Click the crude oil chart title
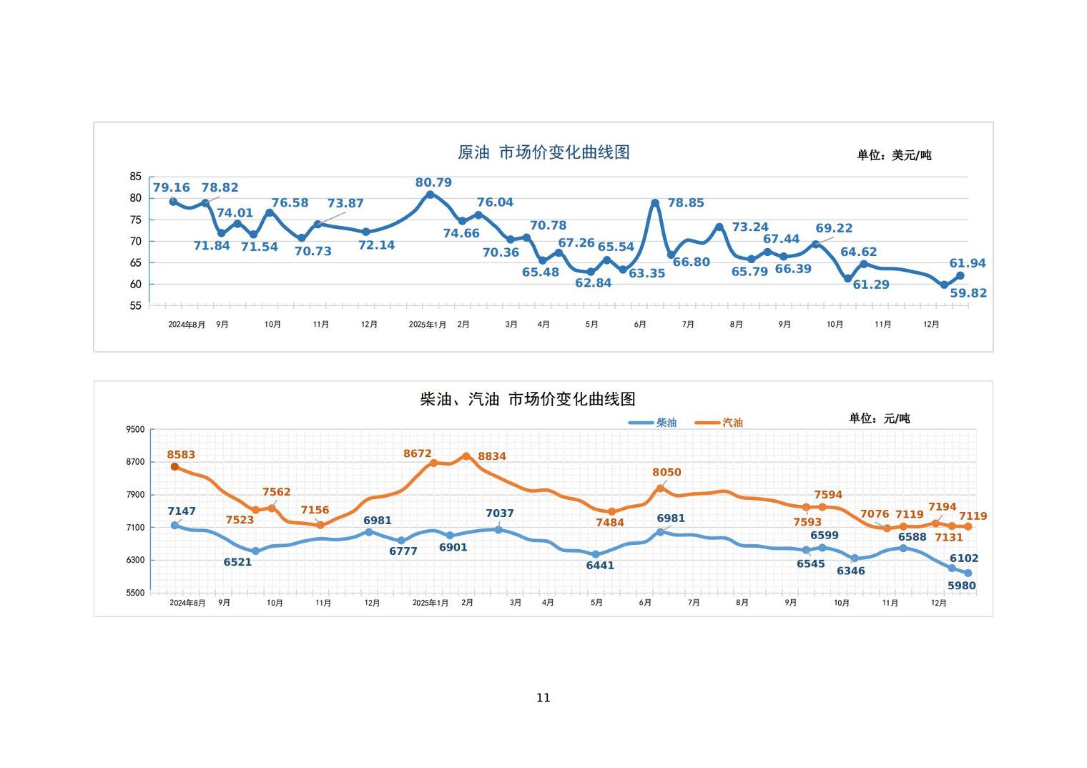coord(543,152)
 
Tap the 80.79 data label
coord(433,183)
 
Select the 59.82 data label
coord(968,293)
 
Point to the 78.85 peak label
coord(686,203)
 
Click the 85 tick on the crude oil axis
coord(135,177)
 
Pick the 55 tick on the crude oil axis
coord(135,306)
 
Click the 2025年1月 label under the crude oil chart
coord(427,325)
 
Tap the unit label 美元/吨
coord(894,155)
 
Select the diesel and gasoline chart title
coord(528,399)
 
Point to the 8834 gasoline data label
coord(492,456)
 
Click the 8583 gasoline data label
coord(181,455)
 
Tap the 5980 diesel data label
coord(962,586)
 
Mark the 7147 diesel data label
coord(182,511)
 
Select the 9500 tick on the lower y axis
coord(135,430)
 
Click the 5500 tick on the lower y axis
coord(135,593)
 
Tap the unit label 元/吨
coord(879,418)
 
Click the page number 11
coord(543,698)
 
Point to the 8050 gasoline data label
coord(667,473)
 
